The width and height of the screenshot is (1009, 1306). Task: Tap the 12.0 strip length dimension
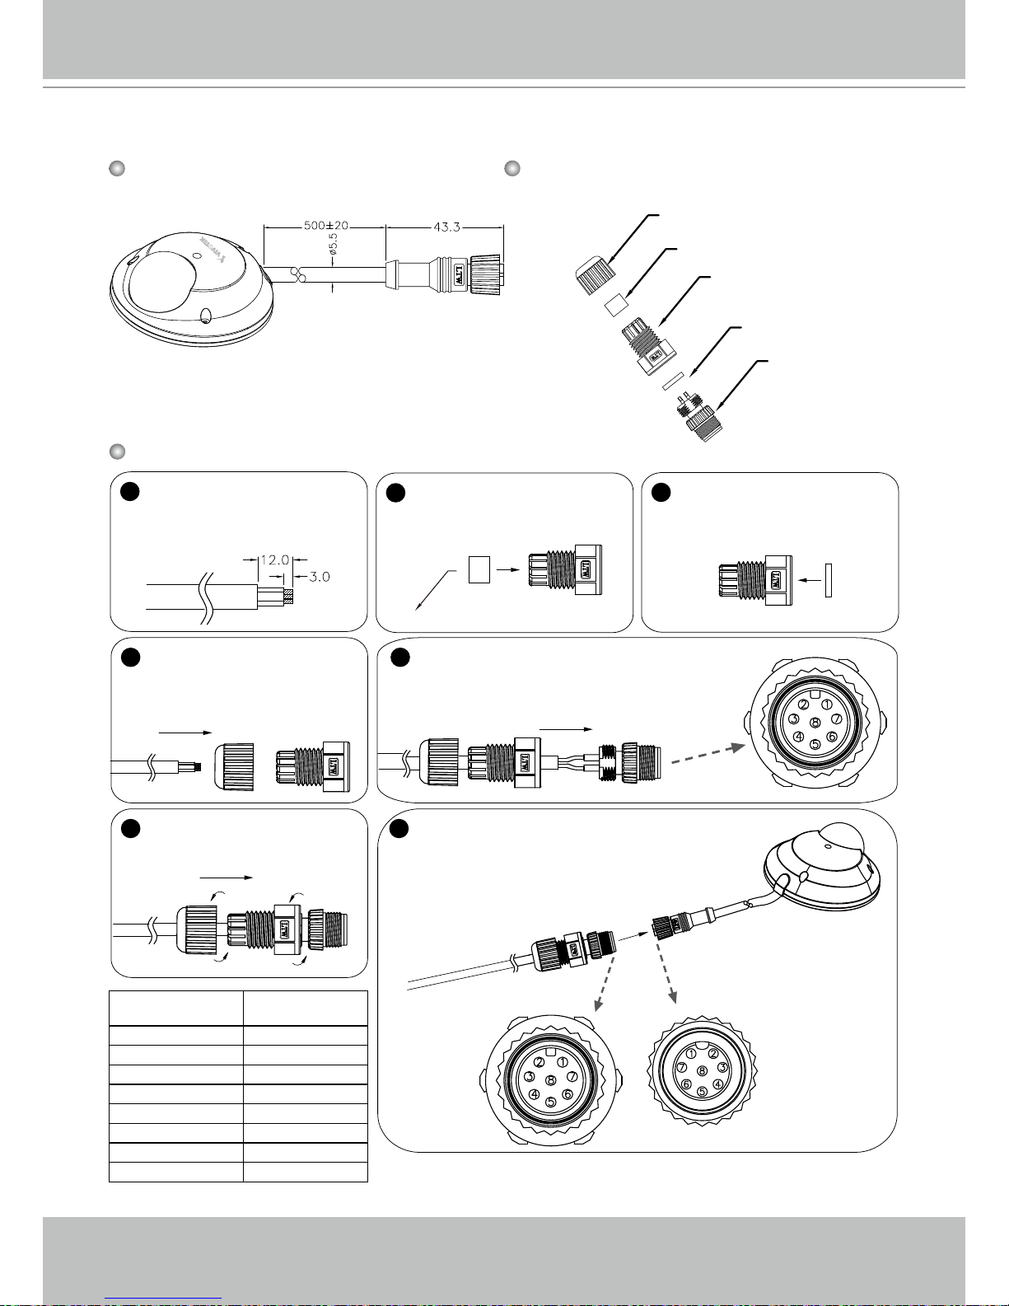click(273, 559)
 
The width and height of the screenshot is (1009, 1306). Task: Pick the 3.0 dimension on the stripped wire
click(318, 578)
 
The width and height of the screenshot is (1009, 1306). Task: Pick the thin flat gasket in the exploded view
click(674, 379)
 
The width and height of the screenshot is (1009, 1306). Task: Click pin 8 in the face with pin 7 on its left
click(702, 1070)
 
